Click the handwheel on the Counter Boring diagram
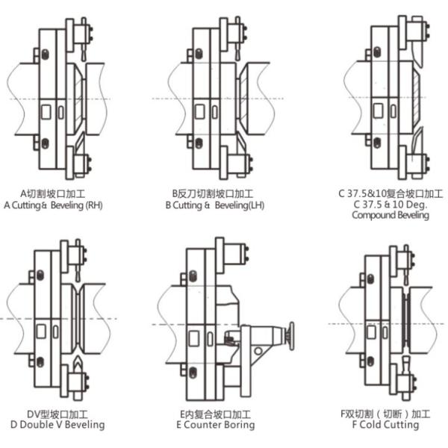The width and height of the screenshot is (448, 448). (291, 336)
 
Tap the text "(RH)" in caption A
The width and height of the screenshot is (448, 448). (94, 205)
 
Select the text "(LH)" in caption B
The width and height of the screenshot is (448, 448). (255, 205)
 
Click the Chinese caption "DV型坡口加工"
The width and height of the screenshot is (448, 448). (57, 414)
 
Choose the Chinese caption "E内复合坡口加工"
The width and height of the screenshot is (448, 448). (216, 414)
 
